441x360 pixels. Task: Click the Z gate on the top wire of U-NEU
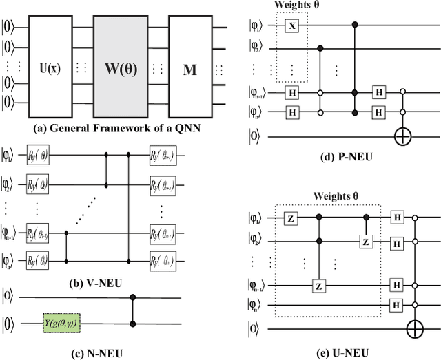point(290,218)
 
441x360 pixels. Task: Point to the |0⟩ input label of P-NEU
point(254,136)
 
